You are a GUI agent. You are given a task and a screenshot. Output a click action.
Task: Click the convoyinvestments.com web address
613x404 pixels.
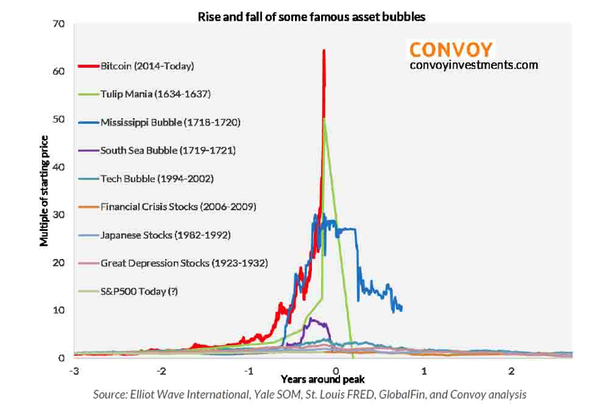point(473,65)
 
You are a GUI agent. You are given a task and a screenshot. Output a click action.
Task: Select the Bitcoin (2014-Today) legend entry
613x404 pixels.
point(147,66)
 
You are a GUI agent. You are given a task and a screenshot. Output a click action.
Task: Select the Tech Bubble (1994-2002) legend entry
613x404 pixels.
point(156,178)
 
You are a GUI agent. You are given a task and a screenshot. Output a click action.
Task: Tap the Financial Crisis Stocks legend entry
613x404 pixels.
point(178,206)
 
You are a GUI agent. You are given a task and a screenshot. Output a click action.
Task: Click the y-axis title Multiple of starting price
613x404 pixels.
point(44,191)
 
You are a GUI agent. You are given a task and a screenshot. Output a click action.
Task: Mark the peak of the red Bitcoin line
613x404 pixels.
point(324,50)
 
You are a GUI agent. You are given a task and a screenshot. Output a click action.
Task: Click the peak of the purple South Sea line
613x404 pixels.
point(311,319)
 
